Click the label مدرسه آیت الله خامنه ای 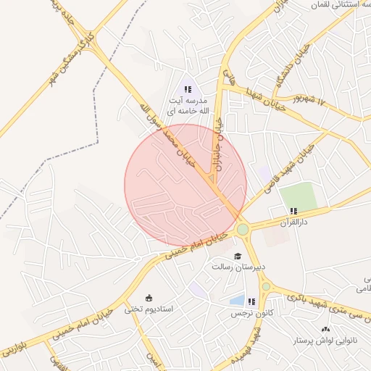click(x=188, y=106)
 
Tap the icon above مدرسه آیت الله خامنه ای click(x=188, y=89)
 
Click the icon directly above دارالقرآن click(x=293, y=210)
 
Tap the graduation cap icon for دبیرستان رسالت click(x=237, y=256)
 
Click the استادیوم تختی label click(x=149, y=309)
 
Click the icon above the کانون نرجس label click(x=251, y=301)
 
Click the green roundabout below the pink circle click(x=242, y=230)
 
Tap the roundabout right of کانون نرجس click(x=267, y=288)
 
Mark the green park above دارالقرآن click(x=299, y=196)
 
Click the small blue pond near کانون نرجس click(x=236, y=300)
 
